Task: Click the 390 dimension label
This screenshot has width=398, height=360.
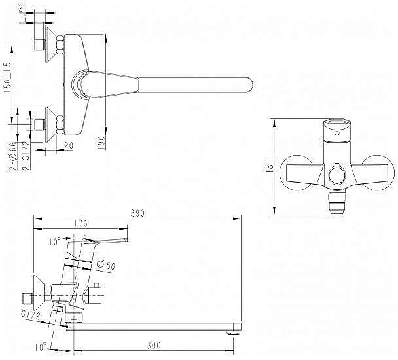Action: pos(137,213)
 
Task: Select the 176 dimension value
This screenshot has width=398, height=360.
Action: pos(81,223)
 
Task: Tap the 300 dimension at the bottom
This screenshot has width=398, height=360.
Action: pos(154,345)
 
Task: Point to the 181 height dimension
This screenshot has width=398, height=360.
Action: pos(270,166)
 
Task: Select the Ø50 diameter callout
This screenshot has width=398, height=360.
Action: pos(106,265)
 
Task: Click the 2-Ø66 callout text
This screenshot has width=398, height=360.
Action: pos(13,155)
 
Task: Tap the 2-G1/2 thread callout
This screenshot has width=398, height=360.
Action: pos(26,155)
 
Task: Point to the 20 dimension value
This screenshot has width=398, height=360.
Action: pos(69,145)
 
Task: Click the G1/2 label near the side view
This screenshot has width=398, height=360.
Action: pos(31,315)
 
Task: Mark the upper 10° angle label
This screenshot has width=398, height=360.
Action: pos(54,241)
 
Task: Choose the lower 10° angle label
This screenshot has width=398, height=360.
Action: pos(41,346)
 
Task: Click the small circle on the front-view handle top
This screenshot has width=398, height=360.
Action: pos(337,133)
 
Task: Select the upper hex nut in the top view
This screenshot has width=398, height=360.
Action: pos(60,44)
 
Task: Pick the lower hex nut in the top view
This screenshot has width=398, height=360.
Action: pos(60,124)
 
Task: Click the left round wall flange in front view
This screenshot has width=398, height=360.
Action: pos(296,173)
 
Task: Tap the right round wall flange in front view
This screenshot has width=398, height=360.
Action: pos(378,173)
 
